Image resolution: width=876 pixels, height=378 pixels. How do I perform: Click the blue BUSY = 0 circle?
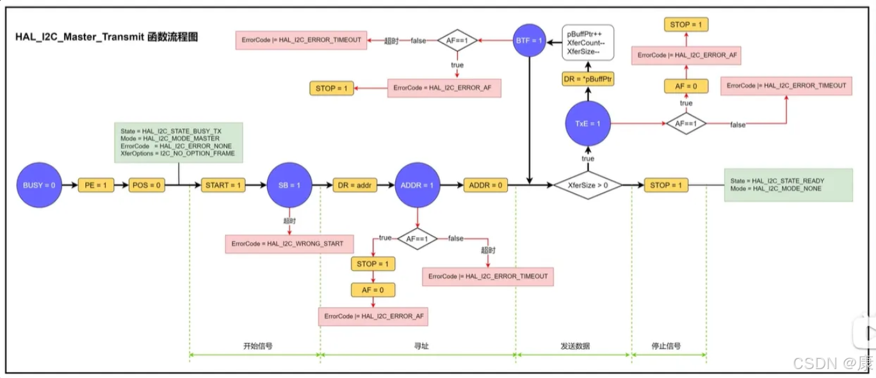point(39,185)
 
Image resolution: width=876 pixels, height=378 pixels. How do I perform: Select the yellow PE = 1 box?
point(95,185)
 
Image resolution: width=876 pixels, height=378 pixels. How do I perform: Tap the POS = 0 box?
point(147,185)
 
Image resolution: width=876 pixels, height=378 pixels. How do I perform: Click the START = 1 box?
point(223,185)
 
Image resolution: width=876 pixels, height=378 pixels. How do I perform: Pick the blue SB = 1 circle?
point(289,185)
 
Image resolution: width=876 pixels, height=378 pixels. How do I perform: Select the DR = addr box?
point(355,185)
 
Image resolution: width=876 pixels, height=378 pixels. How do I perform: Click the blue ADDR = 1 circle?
point(418,185)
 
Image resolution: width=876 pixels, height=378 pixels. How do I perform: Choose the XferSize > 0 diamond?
point(588,185)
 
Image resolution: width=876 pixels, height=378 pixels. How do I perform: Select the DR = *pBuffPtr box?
point(588,79)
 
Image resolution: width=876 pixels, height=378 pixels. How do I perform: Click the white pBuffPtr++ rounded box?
point(588,42)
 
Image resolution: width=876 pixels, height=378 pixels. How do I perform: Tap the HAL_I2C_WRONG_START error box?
point(288,244)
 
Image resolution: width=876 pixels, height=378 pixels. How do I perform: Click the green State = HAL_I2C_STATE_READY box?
point(788,185)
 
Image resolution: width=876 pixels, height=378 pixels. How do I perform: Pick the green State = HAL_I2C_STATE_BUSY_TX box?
point(178,141)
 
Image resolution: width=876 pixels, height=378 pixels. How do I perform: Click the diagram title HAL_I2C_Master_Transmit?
point(106,38)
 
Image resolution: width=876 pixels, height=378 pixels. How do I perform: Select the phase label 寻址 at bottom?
point(421,346)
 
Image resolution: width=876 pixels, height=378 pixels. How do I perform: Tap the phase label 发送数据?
point(574,346)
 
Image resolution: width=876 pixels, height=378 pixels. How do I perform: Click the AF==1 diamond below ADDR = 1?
point(418,239)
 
